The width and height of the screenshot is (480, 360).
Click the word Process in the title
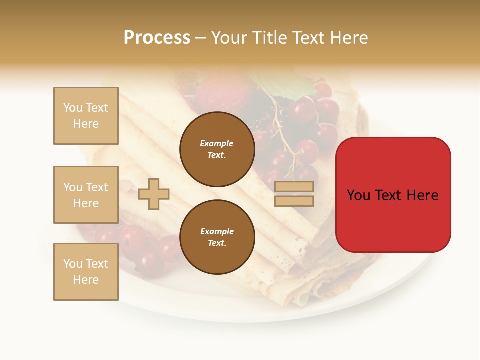157,38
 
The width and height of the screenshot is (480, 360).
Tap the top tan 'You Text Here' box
86,116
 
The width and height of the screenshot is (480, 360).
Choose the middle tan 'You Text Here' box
86,195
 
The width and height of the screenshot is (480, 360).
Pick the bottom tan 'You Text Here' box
86,272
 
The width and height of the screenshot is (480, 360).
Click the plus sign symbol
154,194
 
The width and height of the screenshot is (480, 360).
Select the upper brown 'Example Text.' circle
217,149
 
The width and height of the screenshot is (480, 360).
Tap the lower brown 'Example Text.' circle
217,237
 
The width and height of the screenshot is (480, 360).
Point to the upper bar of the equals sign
294,186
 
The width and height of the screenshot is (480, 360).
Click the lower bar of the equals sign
294,201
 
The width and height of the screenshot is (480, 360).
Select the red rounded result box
393,220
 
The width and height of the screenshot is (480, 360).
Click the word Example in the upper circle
217,143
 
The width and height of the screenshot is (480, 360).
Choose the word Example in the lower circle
217,231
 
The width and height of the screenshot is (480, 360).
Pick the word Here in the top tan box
86,124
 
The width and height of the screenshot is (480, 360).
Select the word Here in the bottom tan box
86,280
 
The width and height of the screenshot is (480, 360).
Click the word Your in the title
230,38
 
